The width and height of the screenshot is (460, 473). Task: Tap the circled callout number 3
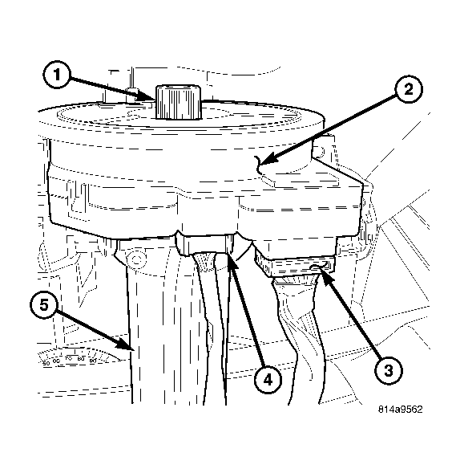pos(388,369)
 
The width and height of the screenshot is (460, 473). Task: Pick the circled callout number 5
pos(43,306)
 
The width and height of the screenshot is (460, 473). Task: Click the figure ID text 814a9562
pos(401,410)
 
